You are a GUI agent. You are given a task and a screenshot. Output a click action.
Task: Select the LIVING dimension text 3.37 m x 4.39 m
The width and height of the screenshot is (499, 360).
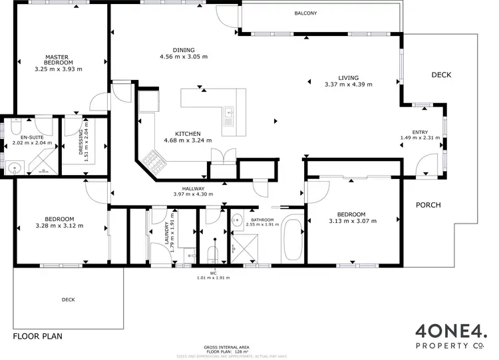click(x=348, y=85)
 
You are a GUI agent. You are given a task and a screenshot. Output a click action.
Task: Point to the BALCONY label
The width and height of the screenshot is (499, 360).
click(x=305, y=13)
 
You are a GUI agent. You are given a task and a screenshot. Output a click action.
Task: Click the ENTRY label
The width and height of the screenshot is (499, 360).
click(x=419, y=131)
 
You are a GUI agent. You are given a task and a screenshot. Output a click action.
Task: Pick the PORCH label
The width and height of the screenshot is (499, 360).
click(x=428, y=205)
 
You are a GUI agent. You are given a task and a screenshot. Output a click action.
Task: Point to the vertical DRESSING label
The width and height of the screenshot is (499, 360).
click(x=81, y=140)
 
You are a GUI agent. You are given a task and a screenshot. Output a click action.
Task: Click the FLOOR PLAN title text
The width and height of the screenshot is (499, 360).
click(x=38, y=336)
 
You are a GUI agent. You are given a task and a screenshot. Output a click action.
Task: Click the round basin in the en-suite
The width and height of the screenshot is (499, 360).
click(x=15, y=166)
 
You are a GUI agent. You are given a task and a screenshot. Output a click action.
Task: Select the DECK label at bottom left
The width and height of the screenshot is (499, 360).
click(x=68, y=299)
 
